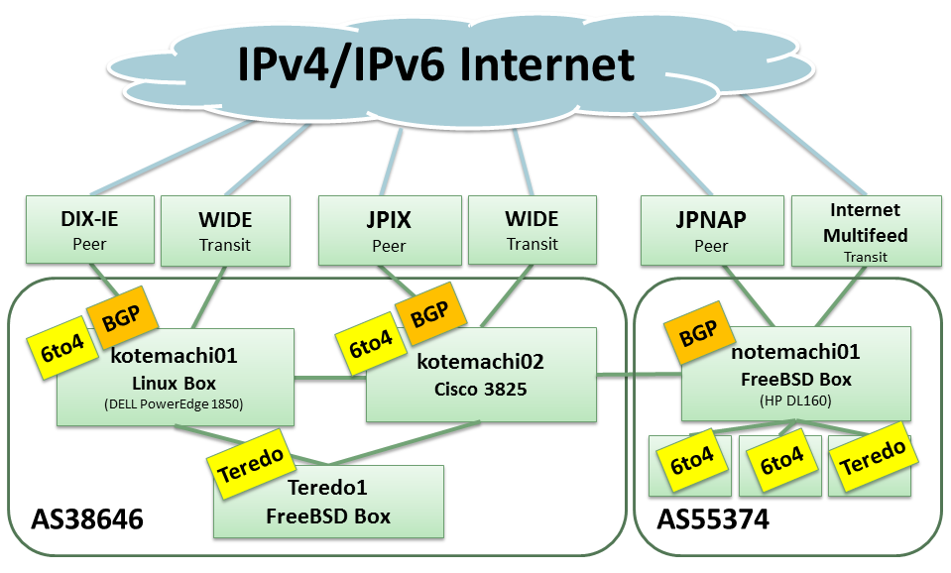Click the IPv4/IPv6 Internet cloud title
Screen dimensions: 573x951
tap(435, 64)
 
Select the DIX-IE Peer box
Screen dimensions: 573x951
tap(90, 230)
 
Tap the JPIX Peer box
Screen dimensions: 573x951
tap(390, 230)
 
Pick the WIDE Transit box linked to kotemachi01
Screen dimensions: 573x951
tap(225, 230)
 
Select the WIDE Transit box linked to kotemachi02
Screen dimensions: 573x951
tap(532, 230)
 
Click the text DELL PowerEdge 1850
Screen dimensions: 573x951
tap(175, 404)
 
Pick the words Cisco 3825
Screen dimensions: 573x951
tap(480, 390)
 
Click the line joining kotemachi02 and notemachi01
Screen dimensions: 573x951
tap(639, 374)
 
